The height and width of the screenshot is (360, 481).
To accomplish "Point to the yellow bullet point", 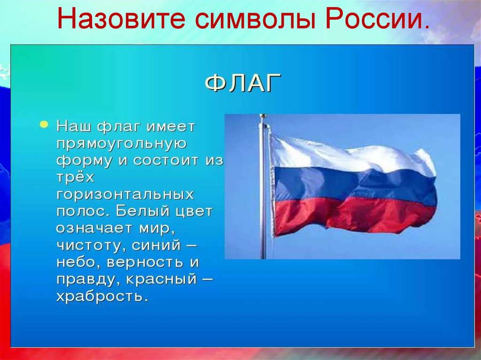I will tap(44, 124).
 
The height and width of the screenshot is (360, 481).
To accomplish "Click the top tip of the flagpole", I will tap(263, 116).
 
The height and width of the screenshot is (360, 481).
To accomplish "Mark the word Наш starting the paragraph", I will tap(74, 127).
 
